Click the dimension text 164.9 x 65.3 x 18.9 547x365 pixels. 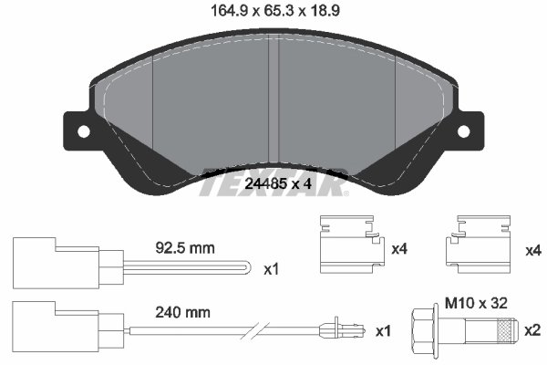pyautogui.click(x=272, y=13)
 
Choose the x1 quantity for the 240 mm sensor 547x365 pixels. pyautogui.click(x=382, y=329)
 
